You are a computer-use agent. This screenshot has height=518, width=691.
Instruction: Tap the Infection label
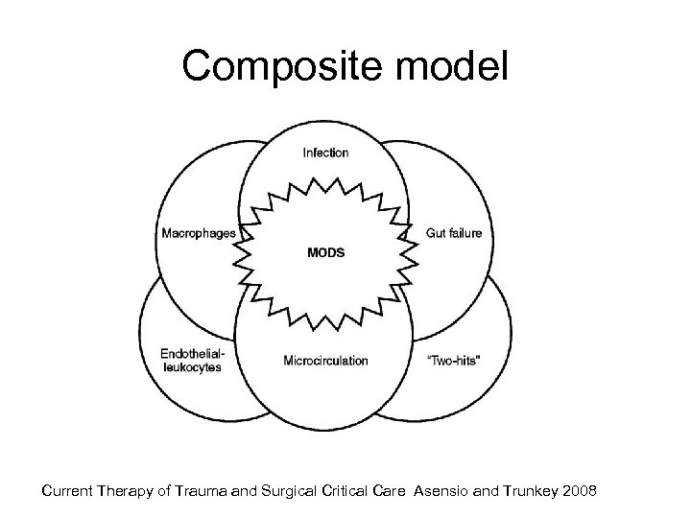326,152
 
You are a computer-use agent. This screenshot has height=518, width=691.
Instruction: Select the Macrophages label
199,233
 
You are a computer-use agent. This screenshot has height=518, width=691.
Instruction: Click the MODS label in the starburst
325,252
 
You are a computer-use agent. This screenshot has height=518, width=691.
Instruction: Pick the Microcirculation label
325,362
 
